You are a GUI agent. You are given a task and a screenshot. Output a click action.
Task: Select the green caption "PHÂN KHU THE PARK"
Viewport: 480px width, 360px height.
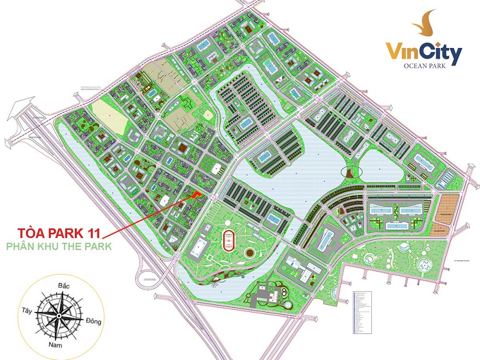(59, 246)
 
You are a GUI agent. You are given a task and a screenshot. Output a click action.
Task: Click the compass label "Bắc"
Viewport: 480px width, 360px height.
(64, 287)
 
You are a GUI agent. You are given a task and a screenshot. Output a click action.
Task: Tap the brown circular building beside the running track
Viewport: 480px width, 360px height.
(249, 252)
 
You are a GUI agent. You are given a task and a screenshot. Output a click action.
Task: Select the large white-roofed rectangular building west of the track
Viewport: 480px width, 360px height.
(198, 246)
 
